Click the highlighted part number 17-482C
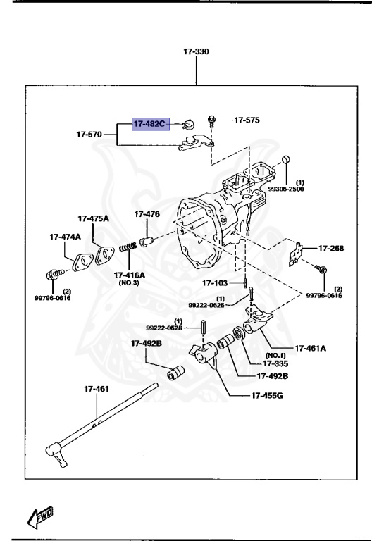[149, 125]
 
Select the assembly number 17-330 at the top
[196, 51]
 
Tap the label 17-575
[247, 120]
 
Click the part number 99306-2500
[285, 189]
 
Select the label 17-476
[147, 214]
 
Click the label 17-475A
[93, 218]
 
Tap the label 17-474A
[65, 237]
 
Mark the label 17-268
[331, 248]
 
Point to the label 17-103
[216, 283]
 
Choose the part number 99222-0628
[164, 328]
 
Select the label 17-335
[276, 363]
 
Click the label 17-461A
[311, 347]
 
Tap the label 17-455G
[267, 395]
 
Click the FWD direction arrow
[39, 516]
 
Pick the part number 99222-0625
[206, 305]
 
